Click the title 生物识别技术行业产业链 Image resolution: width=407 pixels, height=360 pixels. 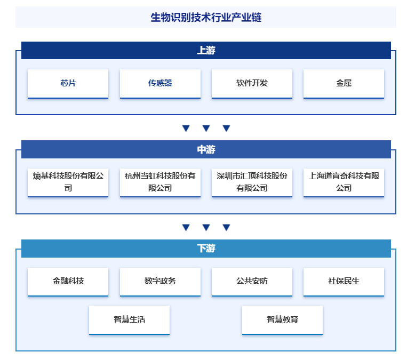pos(206,18)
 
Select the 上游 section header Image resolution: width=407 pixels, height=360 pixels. pos(206,50)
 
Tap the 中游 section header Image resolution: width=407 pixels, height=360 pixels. pos(206,149)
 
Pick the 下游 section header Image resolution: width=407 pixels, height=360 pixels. pos(206,249)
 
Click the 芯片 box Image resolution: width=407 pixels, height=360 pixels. pos(68,84)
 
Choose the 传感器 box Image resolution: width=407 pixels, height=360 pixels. pos(160,84)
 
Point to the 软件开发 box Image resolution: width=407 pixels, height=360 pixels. pos(252,84)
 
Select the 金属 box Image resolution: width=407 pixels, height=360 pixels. pos(344,84)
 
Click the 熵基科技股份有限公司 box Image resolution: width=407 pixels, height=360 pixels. pos(68,182)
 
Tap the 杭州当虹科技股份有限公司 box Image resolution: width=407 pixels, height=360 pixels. pos(160,182)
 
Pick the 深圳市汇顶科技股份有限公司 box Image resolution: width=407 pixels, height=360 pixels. pos(252,182)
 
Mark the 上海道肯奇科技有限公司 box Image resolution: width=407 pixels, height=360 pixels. pos(344,182)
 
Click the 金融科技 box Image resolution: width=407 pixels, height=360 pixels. pos(68,282)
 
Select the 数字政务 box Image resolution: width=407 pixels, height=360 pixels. pos(160,282)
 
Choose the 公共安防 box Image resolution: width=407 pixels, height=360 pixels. pos(252,282)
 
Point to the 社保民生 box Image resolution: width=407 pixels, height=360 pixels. pos(344,282)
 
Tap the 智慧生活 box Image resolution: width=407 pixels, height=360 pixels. pos(129,320)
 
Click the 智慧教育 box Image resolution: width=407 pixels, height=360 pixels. pos(282,320)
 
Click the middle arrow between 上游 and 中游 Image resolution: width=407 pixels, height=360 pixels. pos(206,128)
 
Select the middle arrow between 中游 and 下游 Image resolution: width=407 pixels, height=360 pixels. pos(206,227)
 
